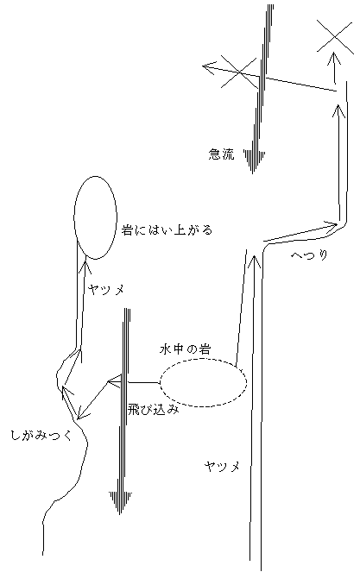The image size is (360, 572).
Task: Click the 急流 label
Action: (221, 154)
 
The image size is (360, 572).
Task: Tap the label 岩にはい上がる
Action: (167, 230)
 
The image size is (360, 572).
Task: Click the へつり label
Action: (309, 255)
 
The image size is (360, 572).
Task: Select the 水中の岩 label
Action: (185, 349)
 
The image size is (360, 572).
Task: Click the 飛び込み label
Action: (154, 410)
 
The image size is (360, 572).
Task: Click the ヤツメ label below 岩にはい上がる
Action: (106, 290)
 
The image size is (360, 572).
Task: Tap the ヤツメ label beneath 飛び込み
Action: (222, 466)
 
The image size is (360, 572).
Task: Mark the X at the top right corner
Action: (335, 37)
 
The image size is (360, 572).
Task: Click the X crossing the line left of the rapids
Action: (239, 72)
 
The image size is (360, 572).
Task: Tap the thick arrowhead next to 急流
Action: (253, 160)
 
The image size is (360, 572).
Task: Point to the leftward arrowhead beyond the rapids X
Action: (208, 67)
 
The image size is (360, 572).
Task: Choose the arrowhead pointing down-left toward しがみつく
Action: (83, 413)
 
